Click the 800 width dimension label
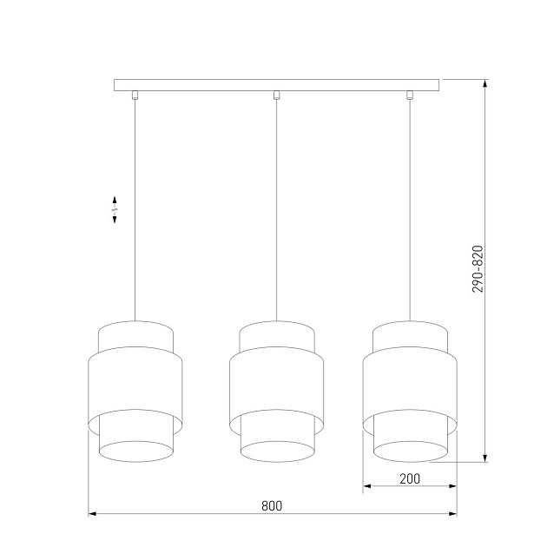point(272,505)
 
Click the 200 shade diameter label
point(410,478)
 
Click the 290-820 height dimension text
point(477,268)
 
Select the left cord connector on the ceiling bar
point(135,95)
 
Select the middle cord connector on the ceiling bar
point(276,95)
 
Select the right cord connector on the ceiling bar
point(411,95)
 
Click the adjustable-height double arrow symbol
point(115,210)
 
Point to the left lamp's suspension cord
point(135,208)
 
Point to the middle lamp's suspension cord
point(276,208)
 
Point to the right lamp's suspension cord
point(411,208)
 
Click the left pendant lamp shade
point(135,391)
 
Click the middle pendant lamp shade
point(276,391)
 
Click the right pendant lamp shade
point(410,391)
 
